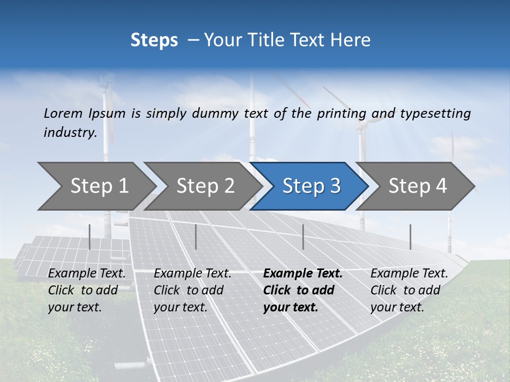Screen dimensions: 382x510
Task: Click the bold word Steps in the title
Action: coord(154,40)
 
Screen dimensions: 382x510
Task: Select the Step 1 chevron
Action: coord(99,186)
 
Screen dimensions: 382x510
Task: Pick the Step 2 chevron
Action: coord(205,186)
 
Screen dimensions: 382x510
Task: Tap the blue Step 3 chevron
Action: coord(311,186)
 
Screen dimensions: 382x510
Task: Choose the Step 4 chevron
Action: coord(418,186)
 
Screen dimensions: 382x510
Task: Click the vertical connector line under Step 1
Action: coord(89,237)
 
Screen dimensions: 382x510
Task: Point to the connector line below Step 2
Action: coord(196,237)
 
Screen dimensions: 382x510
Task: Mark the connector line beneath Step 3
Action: coord(303,237)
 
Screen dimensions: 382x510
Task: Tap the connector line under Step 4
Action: coord(410,237)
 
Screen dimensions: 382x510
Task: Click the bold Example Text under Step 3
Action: coord(303,274)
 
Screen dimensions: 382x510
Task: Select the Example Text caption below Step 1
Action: coord(87,274)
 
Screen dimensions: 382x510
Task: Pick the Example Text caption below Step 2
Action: coord(193,274)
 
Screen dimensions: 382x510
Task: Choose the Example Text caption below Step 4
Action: coord(410,274)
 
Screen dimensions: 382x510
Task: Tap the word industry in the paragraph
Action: coord(70,133)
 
